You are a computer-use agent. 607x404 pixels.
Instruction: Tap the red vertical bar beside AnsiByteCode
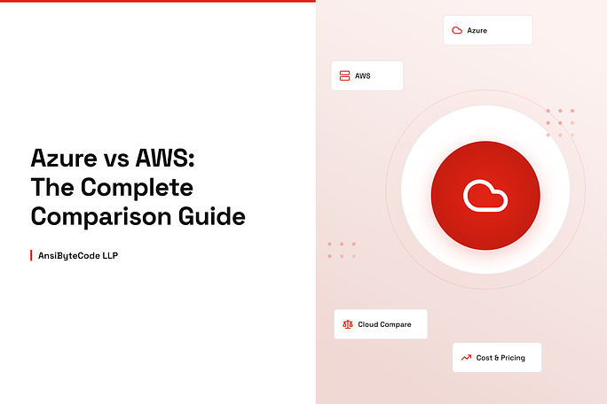coord(32,255)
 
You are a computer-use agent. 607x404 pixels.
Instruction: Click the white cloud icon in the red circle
coord(485,195)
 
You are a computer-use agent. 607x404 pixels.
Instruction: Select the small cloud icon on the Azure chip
coord(457,30)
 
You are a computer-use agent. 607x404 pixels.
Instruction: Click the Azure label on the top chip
coord(477,30)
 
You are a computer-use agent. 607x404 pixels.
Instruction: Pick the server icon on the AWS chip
coord(344,76)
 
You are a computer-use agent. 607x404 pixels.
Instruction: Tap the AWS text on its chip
coord(363,76)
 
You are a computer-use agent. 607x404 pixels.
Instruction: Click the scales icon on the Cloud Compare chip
coord(347,324)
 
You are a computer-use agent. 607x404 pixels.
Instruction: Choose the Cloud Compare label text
coord(384,324)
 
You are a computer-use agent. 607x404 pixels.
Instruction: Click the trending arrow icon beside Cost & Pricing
coord(466,358)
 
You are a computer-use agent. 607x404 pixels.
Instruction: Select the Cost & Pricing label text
coord(501,358)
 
